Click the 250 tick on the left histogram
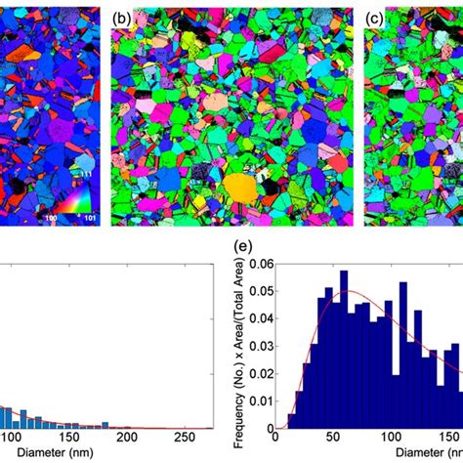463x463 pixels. point(246,438)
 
